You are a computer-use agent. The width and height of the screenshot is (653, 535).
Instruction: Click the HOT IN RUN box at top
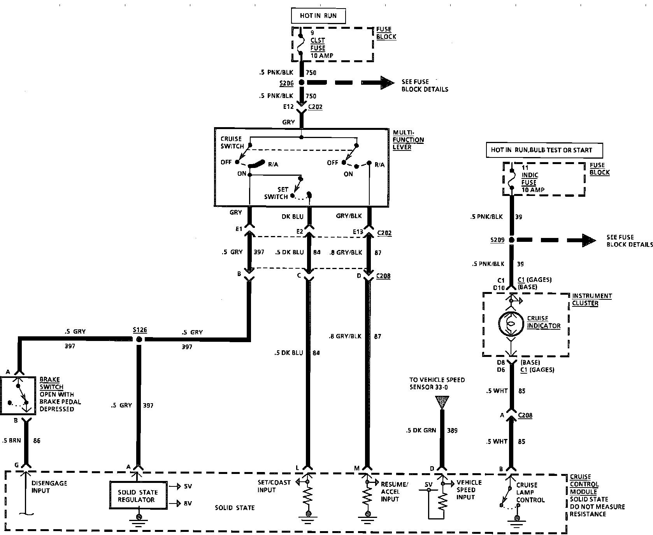[318, 16]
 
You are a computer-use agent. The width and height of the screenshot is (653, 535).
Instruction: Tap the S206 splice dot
[302, 82]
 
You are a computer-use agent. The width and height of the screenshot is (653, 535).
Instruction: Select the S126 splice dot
[139, 339]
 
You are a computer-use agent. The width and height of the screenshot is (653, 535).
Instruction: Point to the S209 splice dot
[512, 240]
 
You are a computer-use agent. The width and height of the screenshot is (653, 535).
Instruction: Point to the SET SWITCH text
[276, 193]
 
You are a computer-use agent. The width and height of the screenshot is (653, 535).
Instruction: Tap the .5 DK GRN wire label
[421, 430]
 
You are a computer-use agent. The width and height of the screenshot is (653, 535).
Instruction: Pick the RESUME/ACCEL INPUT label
[394, 492]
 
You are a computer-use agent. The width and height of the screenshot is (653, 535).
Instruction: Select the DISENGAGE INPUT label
[49, 487]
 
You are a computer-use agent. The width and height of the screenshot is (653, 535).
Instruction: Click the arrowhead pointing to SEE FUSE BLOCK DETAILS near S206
[387, 82]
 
